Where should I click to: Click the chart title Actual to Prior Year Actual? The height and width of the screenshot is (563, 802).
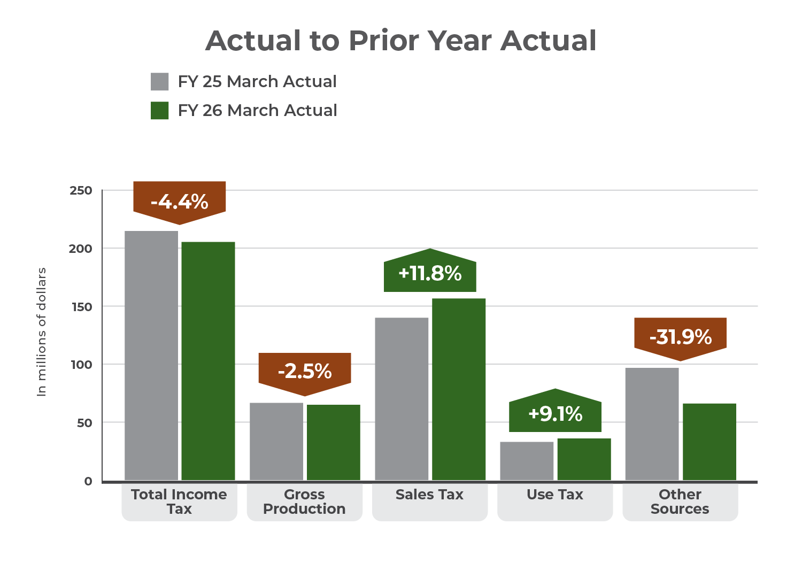pos(400,41)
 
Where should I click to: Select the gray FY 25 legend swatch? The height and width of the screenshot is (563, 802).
pos(159,82)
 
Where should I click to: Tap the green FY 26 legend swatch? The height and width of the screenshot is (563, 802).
pos(159,111)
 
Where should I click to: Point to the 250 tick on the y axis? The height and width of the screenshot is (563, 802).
pos(81,190)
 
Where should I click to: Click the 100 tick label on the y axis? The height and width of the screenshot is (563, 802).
pos(81,365)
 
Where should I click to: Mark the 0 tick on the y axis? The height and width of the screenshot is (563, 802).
pos(88,481)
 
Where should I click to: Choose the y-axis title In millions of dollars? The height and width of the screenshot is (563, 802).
pos(42,331)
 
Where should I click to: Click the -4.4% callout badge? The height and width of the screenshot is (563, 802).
pos(180,202)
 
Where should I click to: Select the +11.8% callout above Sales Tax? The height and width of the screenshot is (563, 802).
pos(430,273)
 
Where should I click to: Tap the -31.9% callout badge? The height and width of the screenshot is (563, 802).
pos(680,337)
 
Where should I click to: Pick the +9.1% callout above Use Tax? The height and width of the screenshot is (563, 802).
pos(555,414)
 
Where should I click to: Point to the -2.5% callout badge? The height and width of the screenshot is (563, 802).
pos(305,371)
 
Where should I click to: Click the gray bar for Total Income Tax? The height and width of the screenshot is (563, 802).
pos(151,356)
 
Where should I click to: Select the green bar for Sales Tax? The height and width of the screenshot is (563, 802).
pos(459,389)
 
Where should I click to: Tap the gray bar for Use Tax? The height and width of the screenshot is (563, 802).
pos(527,461)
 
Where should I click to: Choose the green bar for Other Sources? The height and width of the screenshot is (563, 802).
pos(709,442)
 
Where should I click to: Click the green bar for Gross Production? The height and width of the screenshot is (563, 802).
pos(334,443)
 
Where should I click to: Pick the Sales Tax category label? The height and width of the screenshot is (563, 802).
pos(429,495)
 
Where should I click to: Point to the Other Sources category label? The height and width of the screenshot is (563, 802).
pos(680,502)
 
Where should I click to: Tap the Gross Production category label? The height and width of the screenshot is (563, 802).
pos(304,502)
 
